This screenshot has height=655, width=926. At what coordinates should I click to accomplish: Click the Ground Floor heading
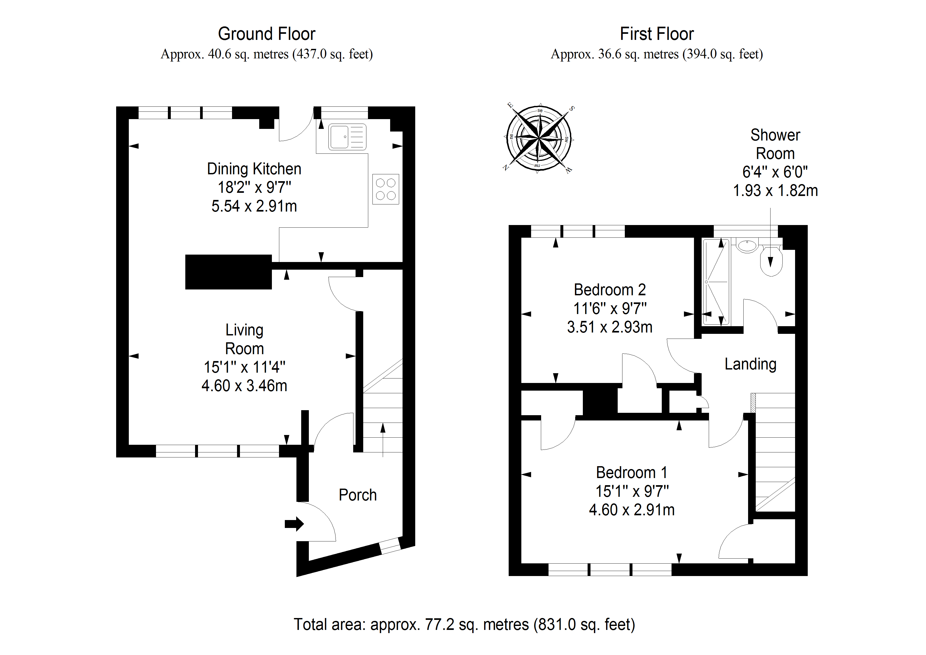[267, 34]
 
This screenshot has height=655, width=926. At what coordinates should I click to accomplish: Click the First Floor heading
[656, 34]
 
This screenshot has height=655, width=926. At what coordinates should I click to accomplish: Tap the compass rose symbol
[539, 138]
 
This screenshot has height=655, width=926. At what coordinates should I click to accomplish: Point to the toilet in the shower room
[771, 261]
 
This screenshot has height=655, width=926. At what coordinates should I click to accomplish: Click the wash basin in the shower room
[747, 245]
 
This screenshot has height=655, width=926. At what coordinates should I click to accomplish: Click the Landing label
[750, 364]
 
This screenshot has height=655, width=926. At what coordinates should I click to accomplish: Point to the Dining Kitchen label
[254, 169]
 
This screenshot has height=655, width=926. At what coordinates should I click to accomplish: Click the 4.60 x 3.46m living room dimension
[244, 386]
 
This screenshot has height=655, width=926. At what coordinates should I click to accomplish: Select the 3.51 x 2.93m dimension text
[610, 327]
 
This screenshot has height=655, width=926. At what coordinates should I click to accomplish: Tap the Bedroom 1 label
[632, 472]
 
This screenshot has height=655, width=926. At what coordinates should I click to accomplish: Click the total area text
[464, 625]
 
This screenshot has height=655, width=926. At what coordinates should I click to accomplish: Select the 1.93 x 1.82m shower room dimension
[775, 190]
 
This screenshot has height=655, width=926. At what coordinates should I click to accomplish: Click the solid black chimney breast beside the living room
[228, 272]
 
